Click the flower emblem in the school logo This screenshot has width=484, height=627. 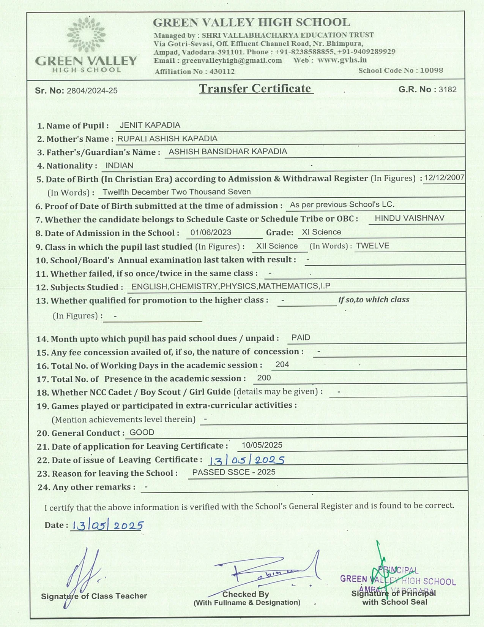coord(86,35)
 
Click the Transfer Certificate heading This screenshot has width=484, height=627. coord(255,89)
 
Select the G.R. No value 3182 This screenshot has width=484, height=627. coord(448,90)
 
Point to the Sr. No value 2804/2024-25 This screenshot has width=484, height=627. coord(92,91)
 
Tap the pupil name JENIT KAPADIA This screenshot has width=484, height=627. coord(150,125)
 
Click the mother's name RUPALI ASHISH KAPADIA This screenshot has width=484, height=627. coord(167,139)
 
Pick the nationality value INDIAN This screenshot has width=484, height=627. coord(119,166)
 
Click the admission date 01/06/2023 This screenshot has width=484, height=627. coord(211,233)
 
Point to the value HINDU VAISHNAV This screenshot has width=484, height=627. coord(409,218)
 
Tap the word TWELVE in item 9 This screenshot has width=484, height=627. coord(372,246)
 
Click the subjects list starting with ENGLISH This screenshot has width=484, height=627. coord(231,286)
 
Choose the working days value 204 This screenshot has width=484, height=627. coord(282,365)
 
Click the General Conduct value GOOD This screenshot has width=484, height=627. coord(142,432)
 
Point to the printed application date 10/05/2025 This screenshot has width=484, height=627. coord(262,445)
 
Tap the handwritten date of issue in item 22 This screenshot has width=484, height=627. coord(246,461)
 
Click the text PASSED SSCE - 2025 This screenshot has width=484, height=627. coord(234,472)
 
